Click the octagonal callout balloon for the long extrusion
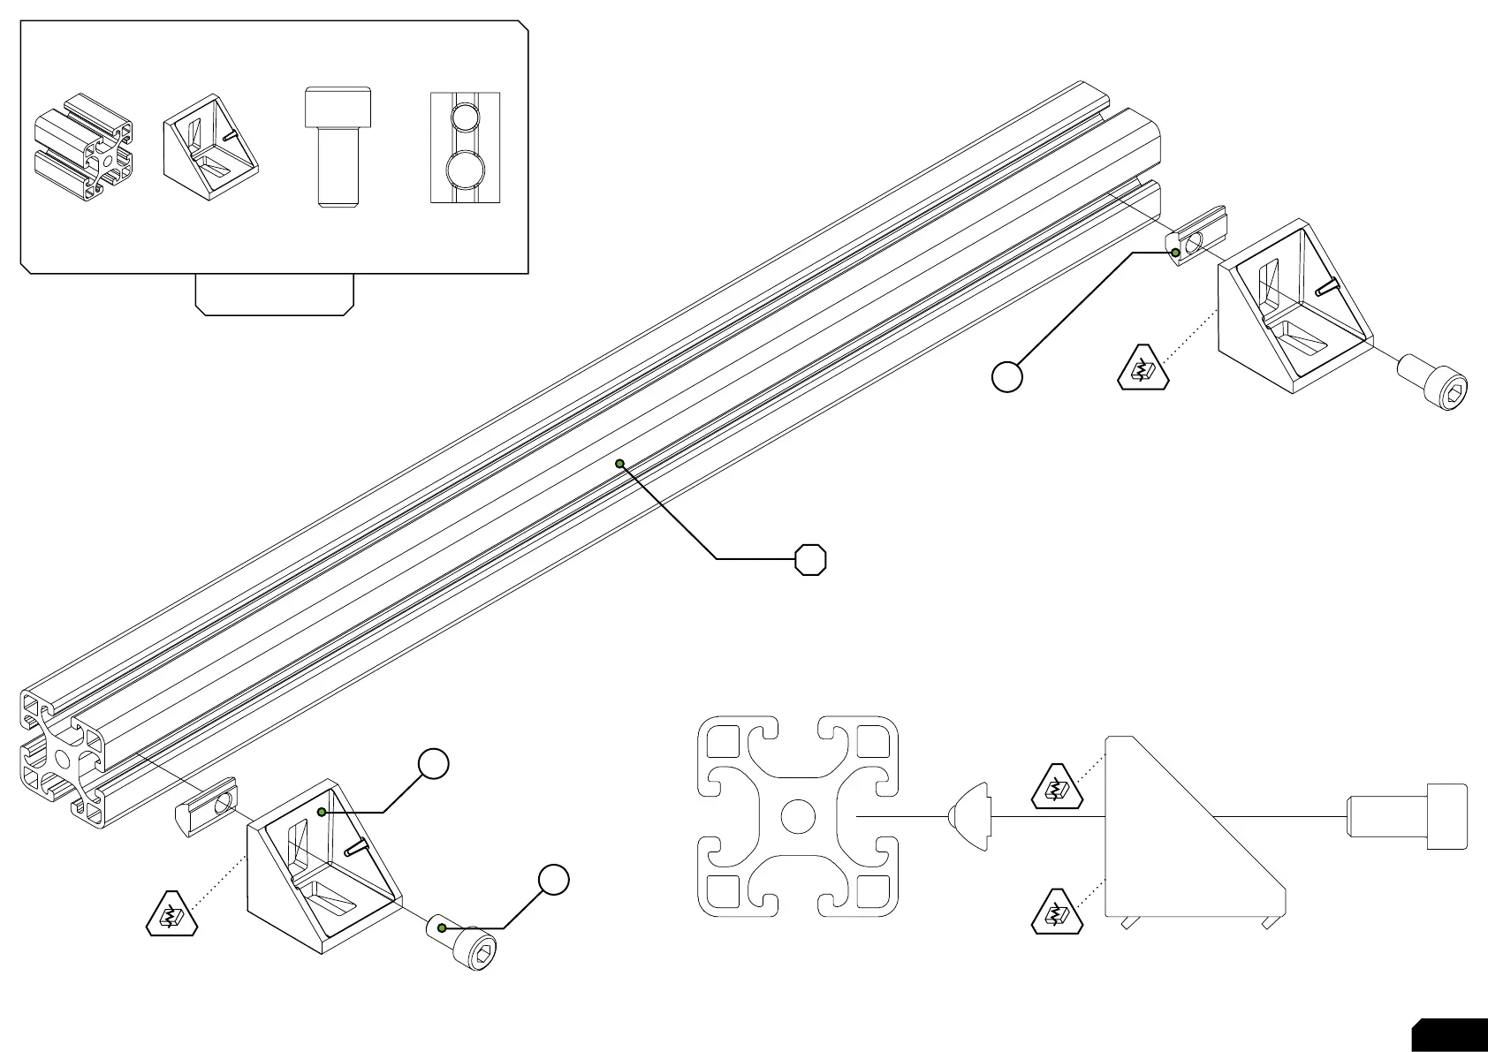pos(810,559)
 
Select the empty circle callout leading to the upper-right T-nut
pos(1007,376)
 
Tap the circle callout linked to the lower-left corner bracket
pos(433,764)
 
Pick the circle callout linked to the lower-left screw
pos(553,879)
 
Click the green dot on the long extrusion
pos(619,464)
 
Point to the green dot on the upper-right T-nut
pos(1176,253)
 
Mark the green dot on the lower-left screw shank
pos(443,927)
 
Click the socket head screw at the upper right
pos(1436,381)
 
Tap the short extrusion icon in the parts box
pos(83,148)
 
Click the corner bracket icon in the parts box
pos(210,143)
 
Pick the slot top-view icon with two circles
pos(465,148)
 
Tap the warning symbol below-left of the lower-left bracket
pos(171,915)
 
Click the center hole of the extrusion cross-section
pos(798,816)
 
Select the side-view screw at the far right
pos(1407,816)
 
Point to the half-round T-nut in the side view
pos(970,816)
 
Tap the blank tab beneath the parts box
pos(274,293)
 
